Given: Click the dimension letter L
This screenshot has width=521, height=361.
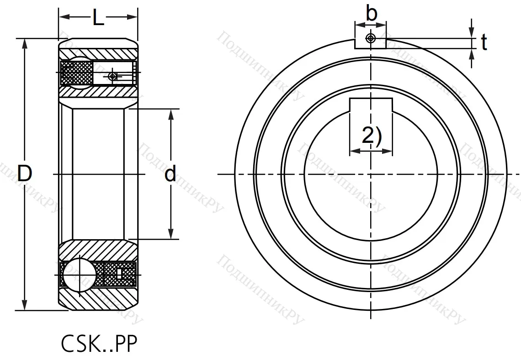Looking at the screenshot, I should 98,18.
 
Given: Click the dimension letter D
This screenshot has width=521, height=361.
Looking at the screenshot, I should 25,174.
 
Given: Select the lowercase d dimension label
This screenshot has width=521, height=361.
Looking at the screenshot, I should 170,174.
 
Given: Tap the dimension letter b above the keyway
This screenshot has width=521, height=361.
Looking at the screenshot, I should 372,14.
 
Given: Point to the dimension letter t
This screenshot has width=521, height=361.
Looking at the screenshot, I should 484,43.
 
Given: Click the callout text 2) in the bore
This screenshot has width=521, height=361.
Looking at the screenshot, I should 371,136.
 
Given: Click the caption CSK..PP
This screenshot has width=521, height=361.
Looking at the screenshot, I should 99,345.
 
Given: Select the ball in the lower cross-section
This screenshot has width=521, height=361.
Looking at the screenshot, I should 80,274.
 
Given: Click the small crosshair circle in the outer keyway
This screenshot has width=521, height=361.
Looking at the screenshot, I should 371,38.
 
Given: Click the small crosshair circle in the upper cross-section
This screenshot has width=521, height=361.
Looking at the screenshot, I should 113,76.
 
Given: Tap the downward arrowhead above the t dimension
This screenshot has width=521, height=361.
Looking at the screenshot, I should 472,33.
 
